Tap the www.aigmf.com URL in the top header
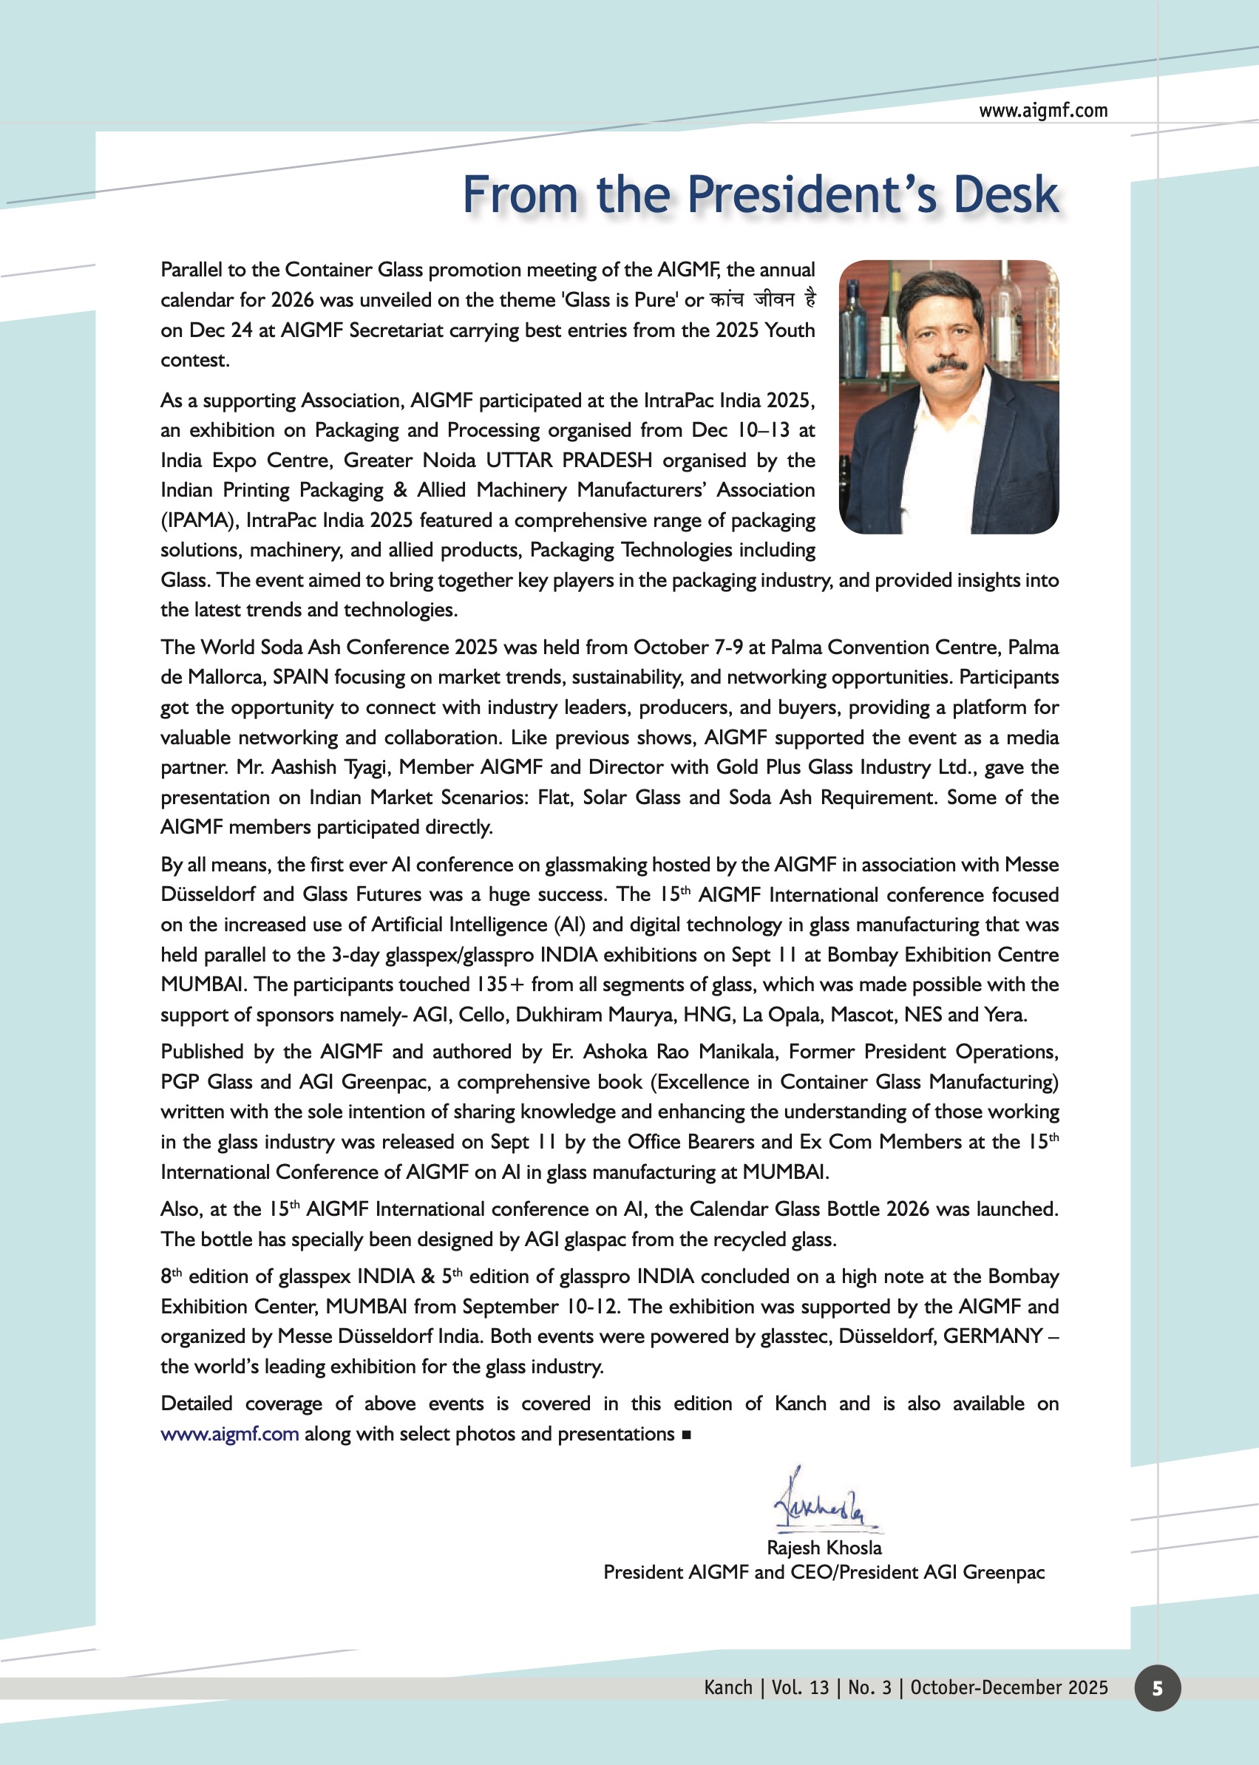pos(1042,111)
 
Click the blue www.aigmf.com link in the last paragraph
pos(229,1434)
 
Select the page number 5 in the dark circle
pos(1157,1688)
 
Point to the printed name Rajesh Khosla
pos(824,1548)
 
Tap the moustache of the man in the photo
pos(946,364)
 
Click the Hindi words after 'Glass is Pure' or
pos(763,299)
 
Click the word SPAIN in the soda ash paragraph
pos(301,677)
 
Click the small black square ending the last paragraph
pos(686,1435)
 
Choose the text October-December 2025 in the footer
pos(1008,1687)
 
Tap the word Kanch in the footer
pos(728,1687)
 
